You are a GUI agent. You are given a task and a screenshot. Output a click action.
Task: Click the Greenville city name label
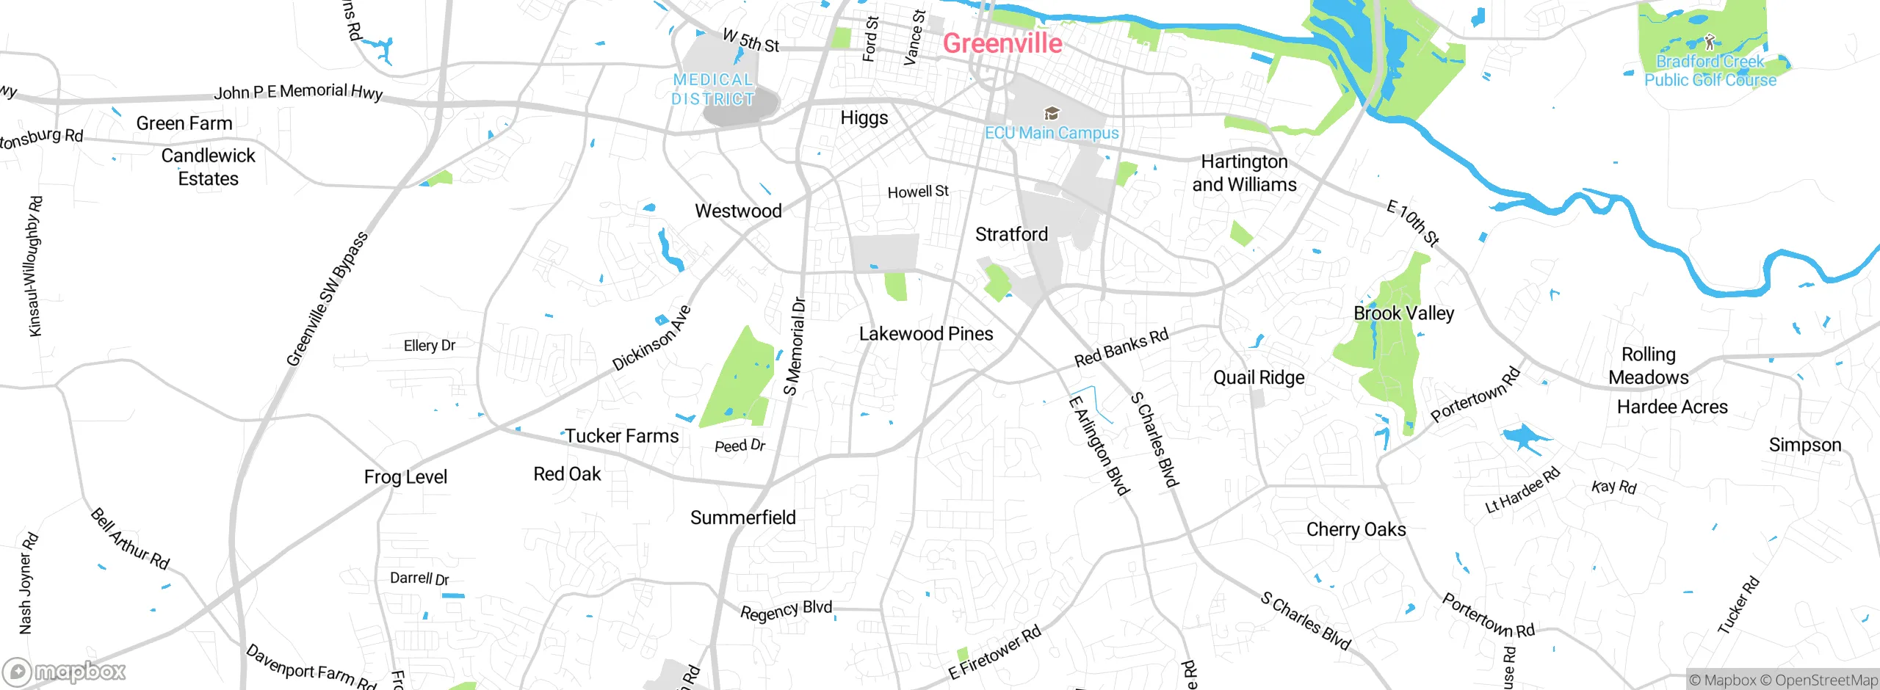1002,43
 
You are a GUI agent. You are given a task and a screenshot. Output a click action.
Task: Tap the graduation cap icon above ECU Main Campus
1052,113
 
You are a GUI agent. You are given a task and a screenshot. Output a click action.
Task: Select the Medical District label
713,90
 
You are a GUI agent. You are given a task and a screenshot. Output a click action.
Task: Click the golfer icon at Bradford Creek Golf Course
1710,41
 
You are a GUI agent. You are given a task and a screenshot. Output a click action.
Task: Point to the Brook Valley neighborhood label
1403,313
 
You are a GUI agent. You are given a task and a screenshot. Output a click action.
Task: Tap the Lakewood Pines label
926,334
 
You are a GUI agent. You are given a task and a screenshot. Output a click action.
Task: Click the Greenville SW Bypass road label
327,299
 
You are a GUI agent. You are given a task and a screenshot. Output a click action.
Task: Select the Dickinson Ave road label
651,338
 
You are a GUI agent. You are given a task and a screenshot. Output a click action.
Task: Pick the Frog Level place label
405,477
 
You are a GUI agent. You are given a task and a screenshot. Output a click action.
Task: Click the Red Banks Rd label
1121,348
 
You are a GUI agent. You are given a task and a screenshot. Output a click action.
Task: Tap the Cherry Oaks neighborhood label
1356,530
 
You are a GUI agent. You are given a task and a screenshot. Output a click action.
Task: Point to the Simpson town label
1804,446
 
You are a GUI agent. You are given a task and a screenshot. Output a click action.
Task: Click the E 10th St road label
1412,222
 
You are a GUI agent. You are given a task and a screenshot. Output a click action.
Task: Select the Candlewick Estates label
209,167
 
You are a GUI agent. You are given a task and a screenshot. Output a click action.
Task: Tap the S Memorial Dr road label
795,346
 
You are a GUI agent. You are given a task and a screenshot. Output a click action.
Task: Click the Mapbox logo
65,672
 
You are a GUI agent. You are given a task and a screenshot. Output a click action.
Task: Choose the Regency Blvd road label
786,611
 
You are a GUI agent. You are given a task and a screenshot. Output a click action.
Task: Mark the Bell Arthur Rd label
130,540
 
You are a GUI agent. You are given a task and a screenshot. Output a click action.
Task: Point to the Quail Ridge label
1259,378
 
